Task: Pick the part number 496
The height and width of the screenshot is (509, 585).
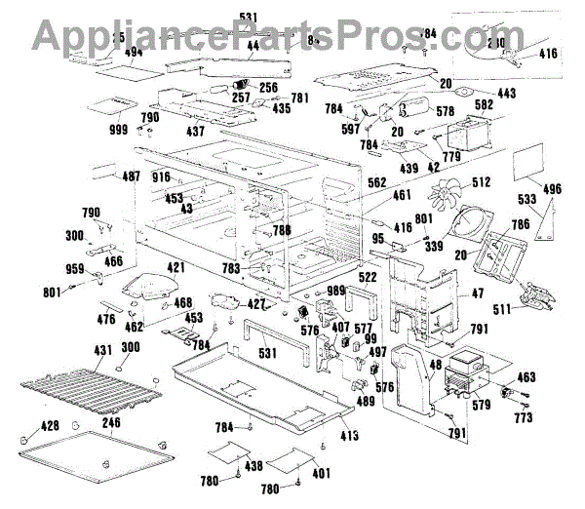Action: [x=552, y=190]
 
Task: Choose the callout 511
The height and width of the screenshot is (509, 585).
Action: [x=503, y=310]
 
